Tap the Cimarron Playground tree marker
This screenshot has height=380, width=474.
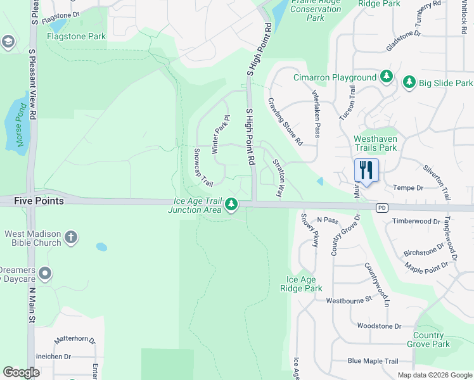click(387, 77)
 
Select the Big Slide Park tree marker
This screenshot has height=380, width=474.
click(409, 82)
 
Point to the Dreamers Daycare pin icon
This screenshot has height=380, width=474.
click(44, 274)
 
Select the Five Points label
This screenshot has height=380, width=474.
click(39, 201)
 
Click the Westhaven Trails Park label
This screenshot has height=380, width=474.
click(375, 143)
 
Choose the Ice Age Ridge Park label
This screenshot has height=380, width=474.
click(305, 284)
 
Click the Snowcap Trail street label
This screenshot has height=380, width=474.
click(203, 167)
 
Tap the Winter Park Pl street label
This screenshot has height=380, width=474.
click(219, 134)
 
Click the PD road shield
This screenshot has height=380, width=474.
click(381, 208)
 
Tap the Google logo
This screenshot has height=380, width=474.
click(22, 372)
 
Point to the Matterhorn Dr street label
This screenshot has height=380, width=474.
click(74, 339)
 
